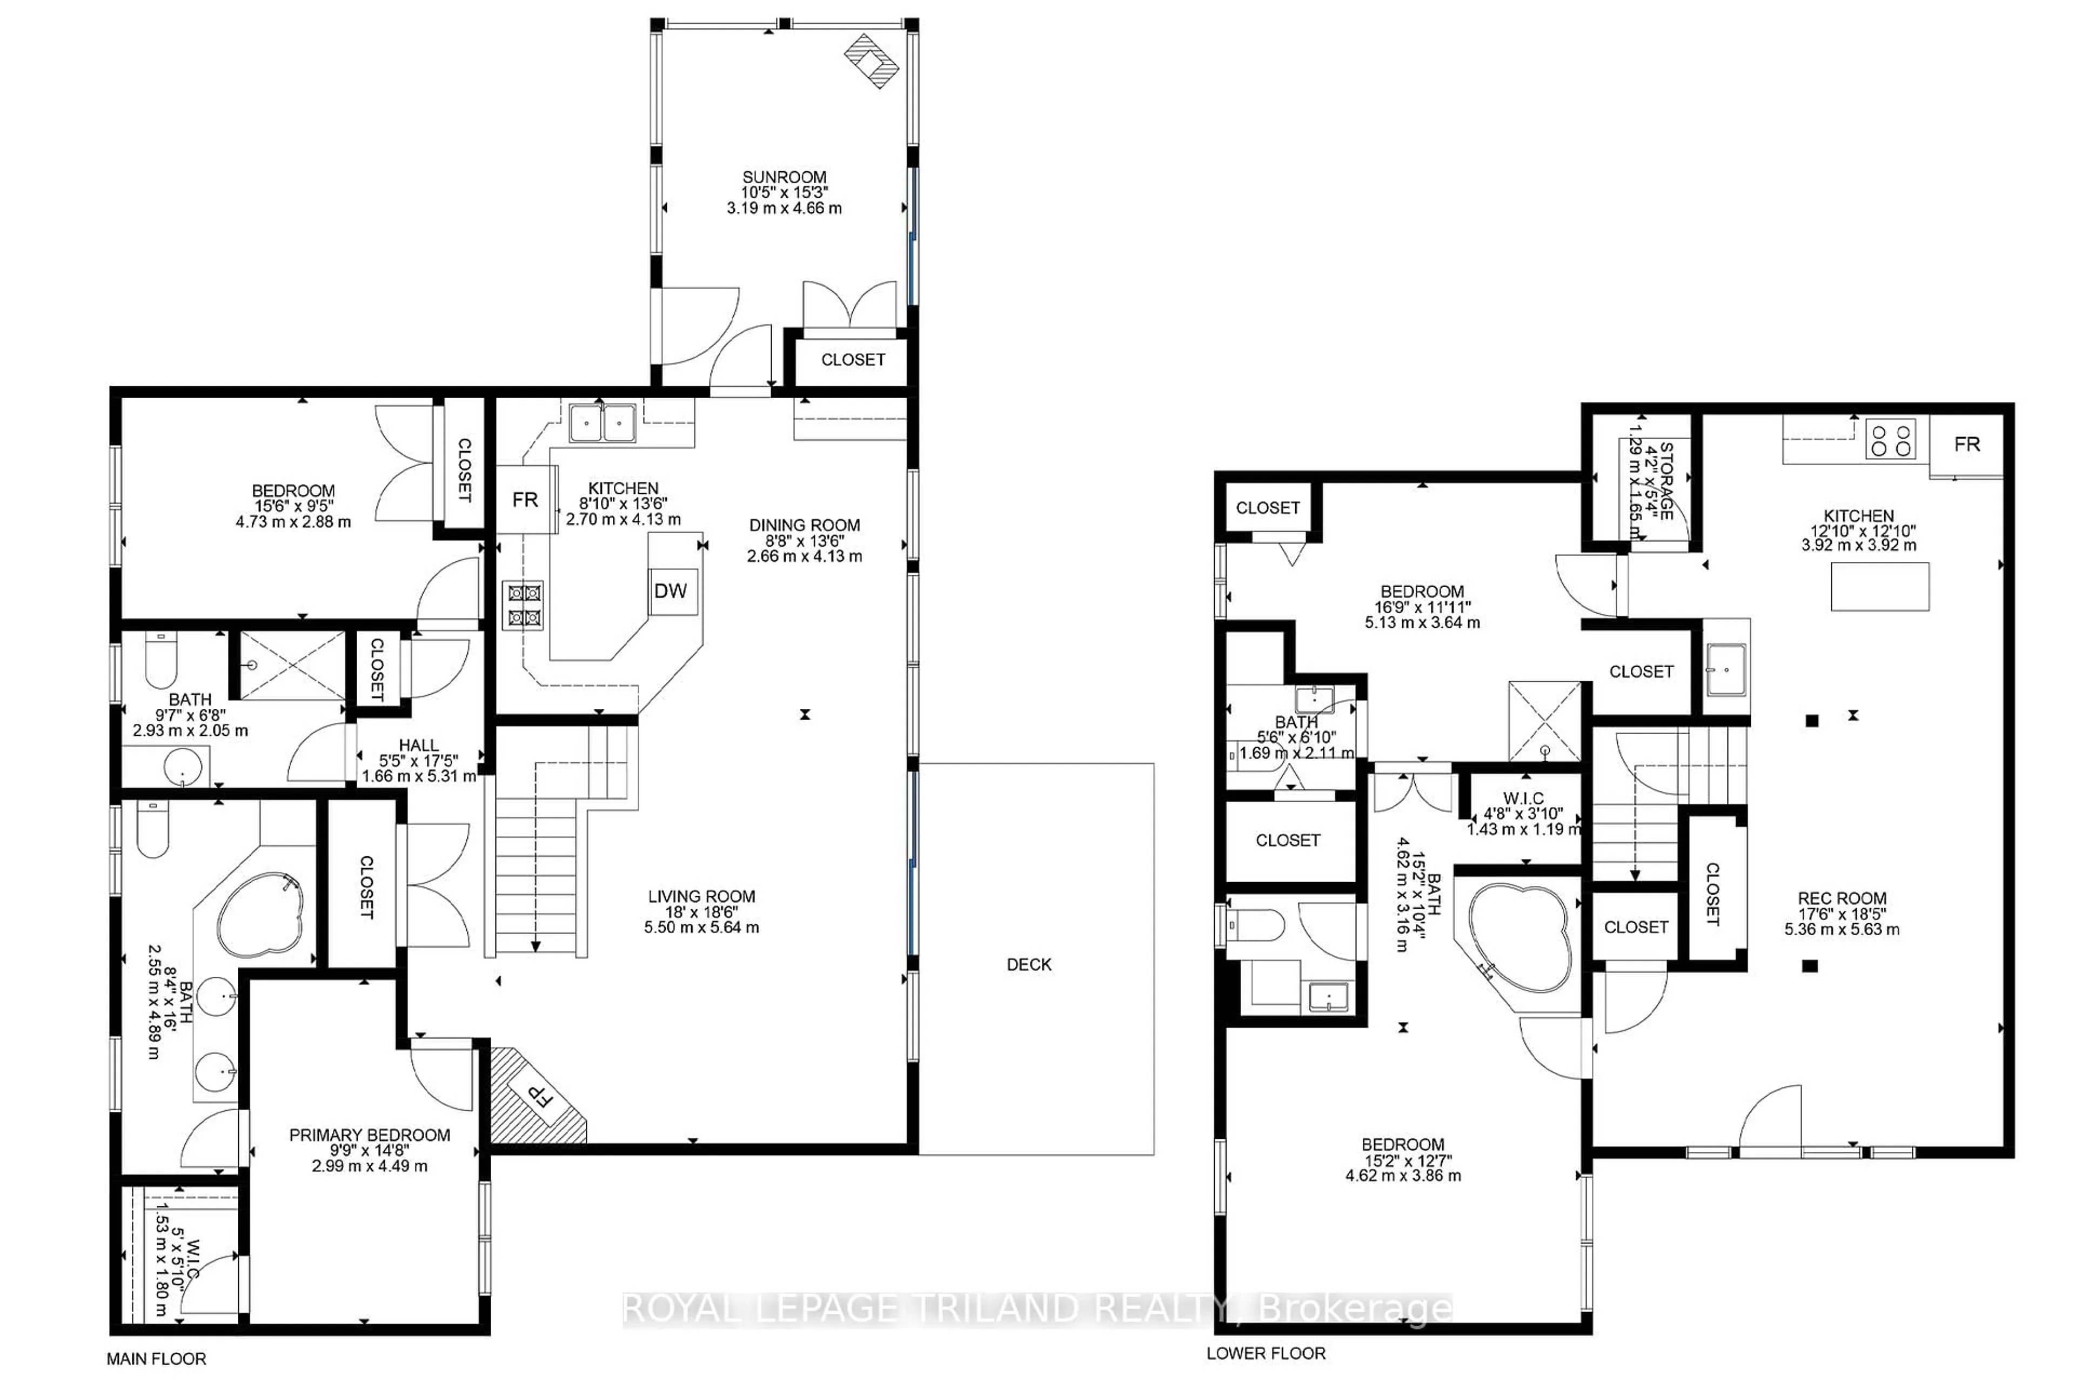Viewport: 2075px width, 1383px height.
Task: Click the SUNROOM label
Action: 784,177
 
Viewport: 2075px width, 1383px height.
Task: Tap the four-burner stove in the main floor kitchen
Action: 523,605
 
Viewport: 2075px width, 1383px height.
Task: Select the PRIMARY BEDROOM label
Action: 370,1135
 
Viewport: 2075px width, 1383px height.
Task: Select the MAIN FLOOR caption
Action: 156,1359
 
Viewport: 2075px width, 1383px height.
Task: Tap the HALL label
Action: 418,746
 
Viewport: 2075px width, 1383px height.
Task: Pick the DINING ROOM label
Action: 804,525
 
